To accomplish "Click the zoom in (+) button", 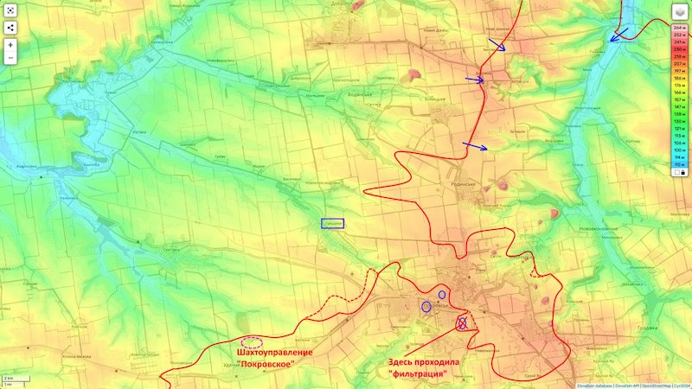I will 11,43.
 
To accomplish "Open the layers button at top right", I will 680,12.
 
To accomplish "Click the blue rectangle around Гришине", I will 333,223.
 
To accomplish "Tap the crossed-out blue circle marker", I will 462,323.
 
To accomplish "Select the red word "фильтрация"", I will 418,373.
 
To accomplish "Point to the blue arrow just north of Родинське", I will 475,146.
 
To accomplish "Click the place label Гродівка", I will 643,328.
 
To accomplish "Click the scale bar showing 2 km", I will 13,379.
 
